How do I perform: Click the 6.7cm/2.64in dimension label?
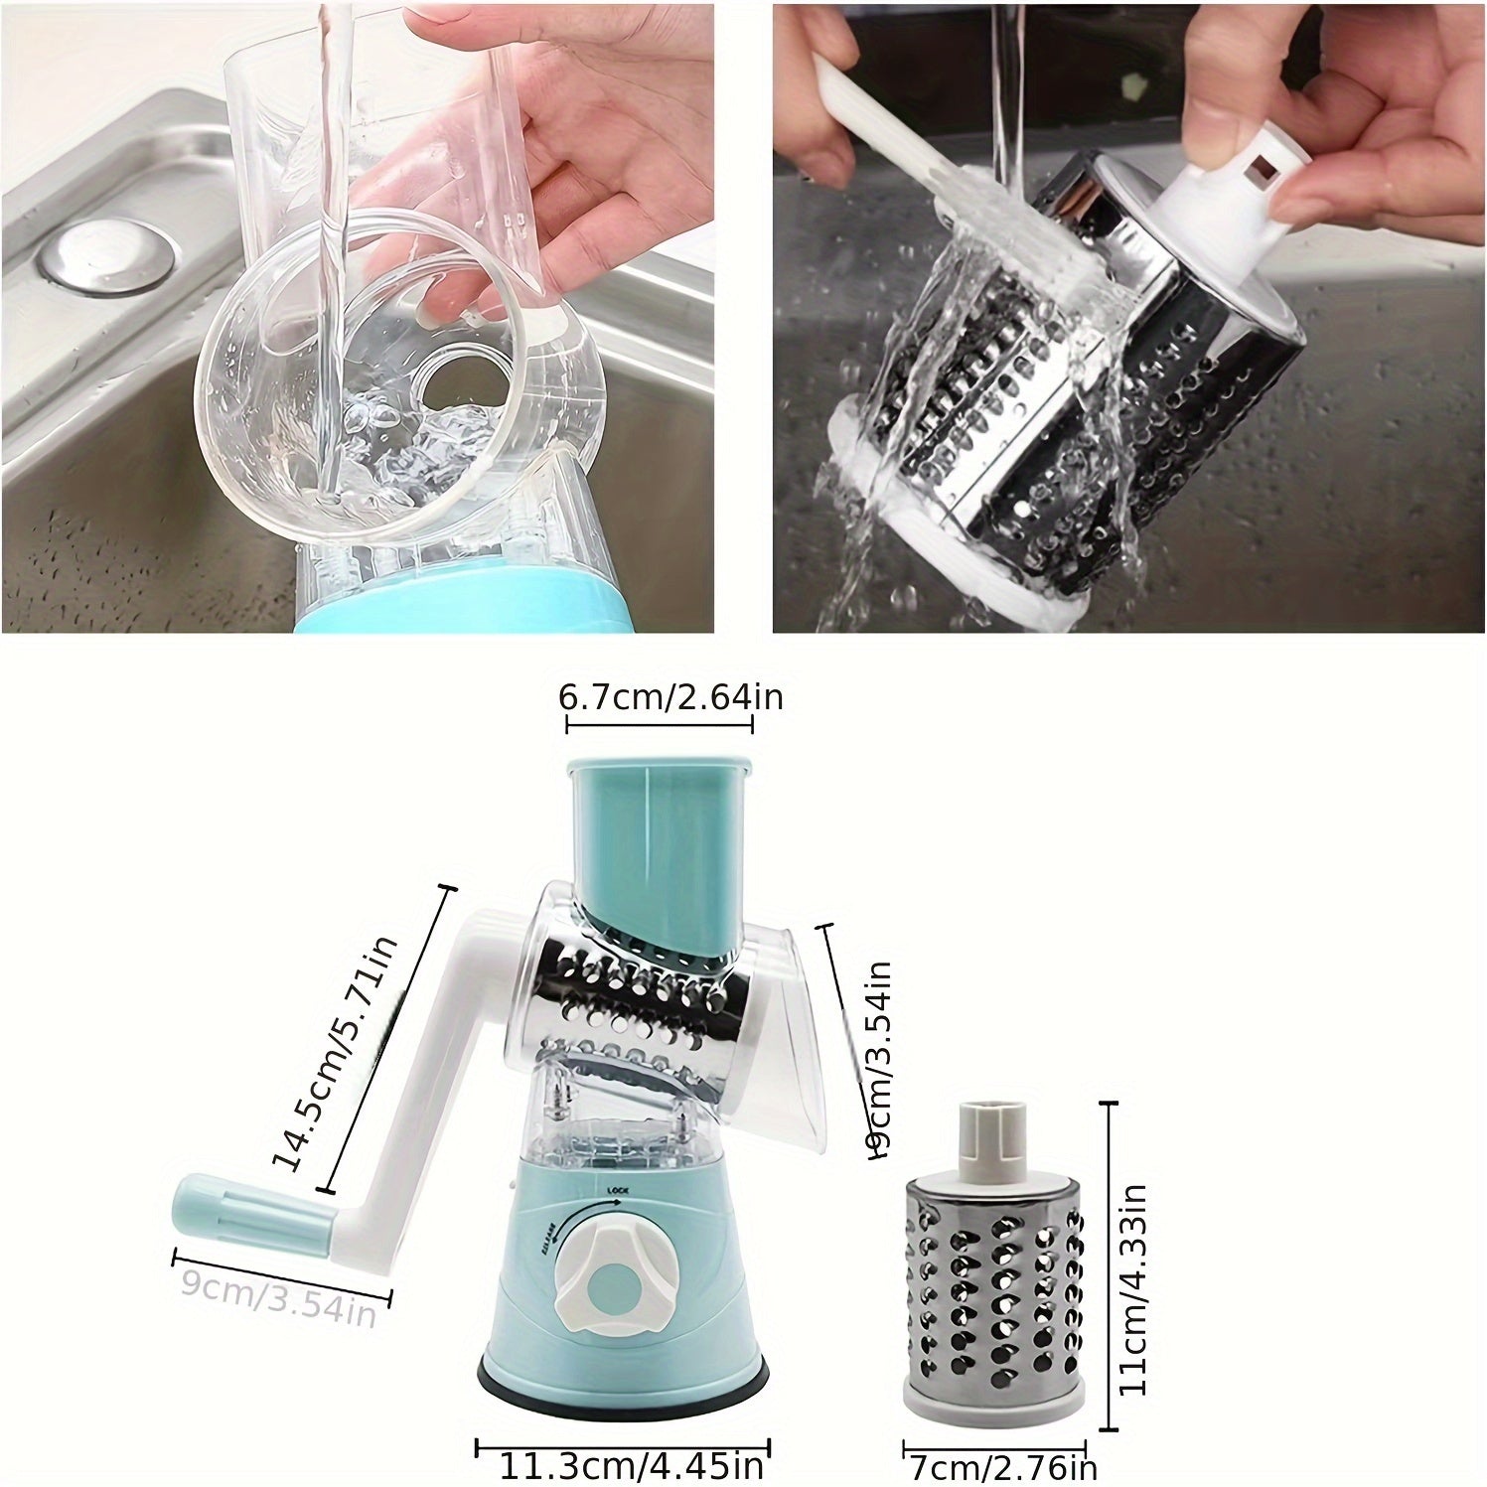point(670,697)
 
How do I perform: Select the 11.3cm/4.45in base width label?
point(631,1464)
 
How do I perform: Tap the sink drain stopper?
point(109,256)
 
